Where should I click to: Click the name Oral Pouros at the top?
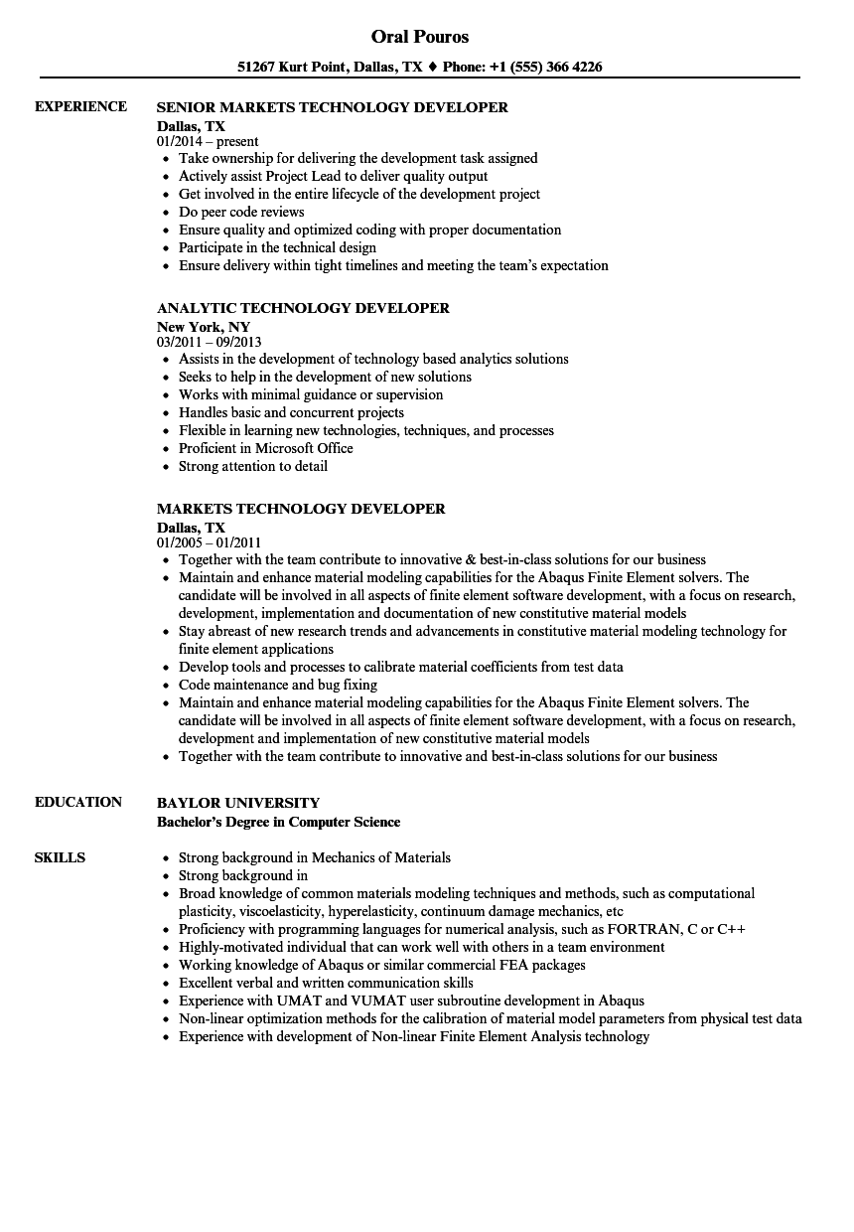tap(420, 37)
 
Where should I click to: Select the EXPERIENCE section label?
tap(80, 106)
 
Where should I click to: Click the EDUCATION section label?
tap(78, 802)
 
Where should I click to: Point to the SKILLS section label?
tap(60, 857)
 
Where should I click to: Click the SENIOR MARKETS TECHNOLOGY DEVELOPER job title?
tap(333, 107)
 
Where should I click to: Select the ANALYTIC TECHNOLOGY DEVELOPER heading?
tap(303, 308)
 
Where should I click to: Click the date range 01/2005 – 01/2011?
tap(209, 542)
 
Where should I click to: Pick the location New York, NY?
tap(204, 326)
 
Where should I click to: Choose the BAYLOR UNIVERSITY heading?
tap(238, 803)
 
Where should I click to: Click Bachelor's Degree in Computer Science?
tap(279, 822)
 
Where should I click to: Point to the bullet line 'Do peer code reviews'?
tap(241, 212)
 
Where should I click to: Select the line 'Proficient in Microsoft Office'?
tap(265, 448)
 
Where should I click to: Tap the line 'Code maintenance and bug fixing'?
tap(278, 685)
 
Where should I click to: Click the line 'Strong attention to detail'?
tap(252, 466)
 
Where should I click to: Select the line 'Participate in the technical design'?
tap(277, 247)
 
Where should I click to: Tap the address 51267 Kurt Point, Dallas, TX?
tap(331, 68)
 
